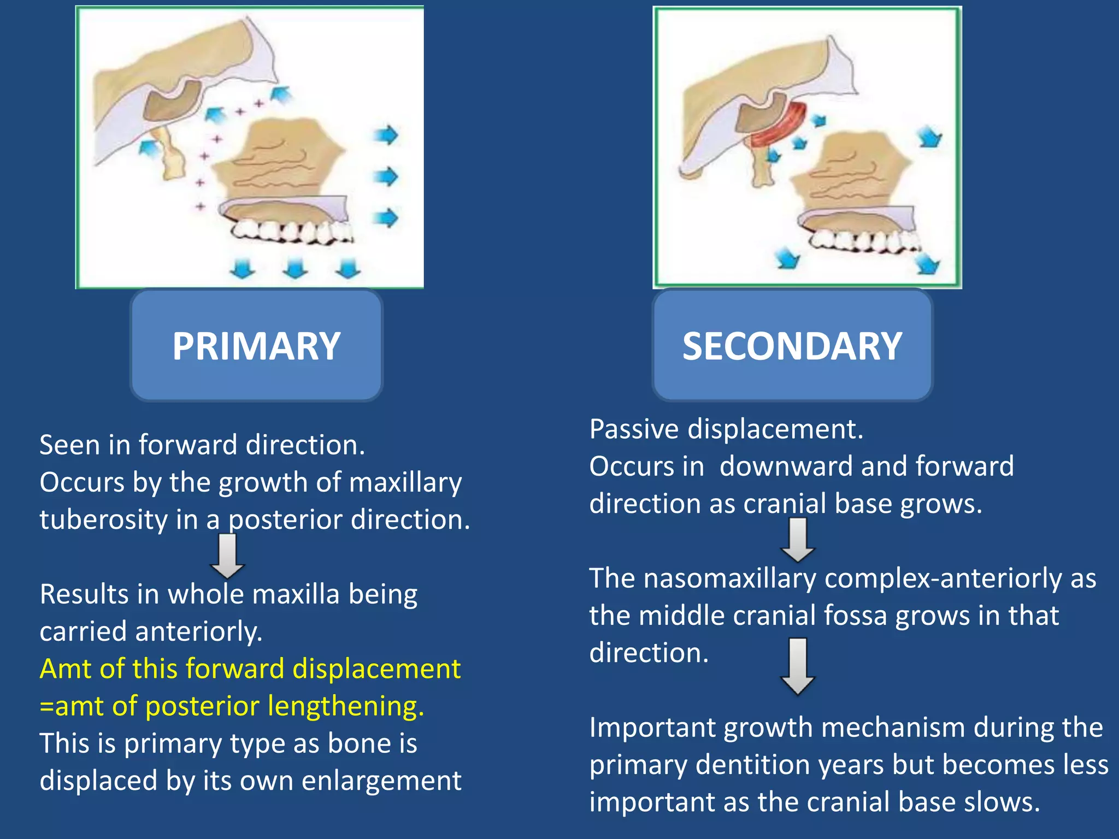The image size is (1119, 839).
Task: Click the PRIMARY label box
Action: (x=256, y=346)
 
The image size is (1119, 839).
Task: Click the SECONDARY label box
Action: (x=792, y=346)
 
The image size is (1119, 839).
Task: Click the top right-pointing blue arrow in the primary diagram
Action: (x=386, y=134)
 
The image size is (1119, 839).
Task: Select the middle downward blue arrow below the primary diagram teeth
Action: (x=295, y=268)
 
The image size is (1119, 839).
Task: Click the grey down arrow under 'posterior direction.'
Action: (x=227, y=556)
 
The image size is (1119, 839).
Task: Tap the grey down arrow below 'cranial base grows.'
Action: (x=798, y=540)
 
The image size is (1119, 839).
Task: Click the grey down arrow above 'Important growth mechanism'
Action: (x=798, y=666)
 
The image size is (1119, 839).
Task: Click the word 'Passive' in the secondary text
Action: (x=634, y=429)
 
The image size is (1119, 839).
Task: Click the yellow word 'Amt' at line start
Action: (x=63, y=669)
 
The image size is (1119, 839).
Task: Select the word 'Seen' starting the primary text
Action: (x=69, y=445)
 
